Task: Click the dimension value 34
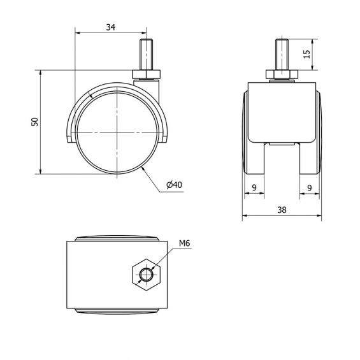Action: click(110, 27)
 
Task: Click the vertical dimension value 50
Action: click(34, 122)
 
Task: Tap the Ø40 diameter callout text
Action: click(174, 185)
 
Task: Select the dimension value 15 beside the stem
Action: click(306, 54)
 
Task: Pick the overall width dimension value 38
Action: click(282, 210)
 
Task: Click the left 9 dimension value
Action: click(254, 187)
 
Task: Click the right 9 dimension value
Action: click(310, 188)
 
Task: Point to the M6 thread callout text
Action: click(185, 243)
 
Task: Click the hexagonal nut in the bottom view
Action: click(147, 275)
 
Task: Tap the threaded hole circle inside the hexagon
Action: click(147, 275)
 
